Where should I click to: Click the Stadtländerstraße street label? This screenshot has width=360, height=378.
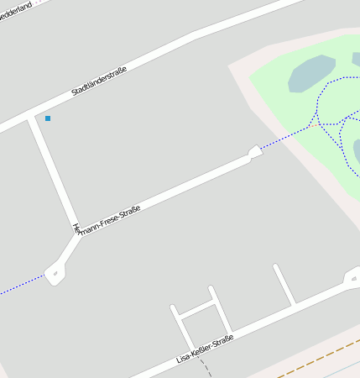pyautogui.click(x=99, y=81)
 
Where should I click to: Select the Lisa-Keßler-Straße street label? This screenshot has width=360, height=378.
pyautogui.click(x=204, y=349)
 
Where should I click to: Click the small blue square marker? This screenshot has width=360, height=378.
pyautogui.click(x=48, y=118)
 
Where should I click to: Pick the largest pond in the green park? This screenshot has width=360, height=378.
pyautogui.click(x=311, y=74)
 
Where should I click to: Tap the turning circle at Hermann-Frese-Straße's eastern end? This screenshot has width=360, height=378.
pyautogui.click(x=253, y=152)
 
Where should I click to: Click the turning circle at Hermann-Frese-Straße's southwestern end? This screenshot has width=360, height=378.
pyautogui.click(x=55, y=271)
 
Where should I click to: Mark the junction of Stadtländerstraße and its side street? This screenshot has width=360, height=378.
pyautogui.click(x=31, y=117)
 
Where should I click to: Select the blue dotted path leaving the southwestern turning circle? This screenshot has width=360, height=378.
pyautogui.click(x=21, y=285)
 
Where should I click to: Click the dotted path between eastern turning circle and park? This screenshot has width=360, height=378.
pyautogui.click(x=285, y=139)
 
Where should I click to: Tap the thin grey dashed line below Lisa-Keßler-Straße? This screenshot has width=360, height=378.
pyautogui.click(x=205, y=370)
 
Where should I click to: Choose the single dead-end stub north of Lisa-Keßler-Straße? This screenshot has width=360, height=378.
pyautogui.click(x=284, y=284)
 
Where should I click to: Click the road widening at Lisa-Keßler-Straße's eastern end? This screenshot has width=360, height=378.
pyautogui.click(x=352, y=278)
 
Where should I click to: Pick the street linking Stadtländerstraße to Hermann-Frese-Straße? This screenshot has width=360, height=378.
pyautogui.click(x=55, y=172)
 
